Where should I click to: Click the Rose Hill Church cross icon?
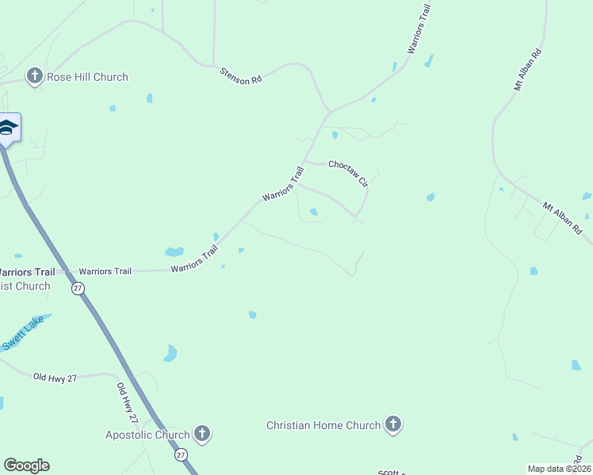[34, 76]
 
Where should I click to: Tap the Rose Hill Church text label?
[86, 78]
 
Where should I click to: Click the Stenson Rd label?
[240, 76]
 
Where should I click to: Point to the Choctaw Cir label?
[349, 171]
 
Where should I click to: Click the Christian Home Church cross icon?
[392, 424]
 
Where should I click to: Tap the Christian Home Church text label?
[323, 425]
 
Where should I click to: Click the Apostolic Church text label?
[147, 435]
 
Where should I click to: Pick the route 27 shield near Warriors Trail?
[78, 289]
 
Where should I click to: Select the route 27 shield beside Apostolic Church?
[181, 455]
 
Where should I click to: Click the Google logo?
[26, 465]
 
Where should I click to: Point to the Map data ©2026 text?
[558, 469]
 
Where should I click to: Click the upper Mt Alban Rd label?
[527, 70]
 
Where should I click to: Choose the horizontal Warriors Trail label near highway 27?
[105, 272]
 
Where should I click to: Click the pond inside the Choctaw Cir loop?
[314, 211]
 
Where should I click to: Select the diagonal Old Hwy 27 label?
[128, 403]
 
